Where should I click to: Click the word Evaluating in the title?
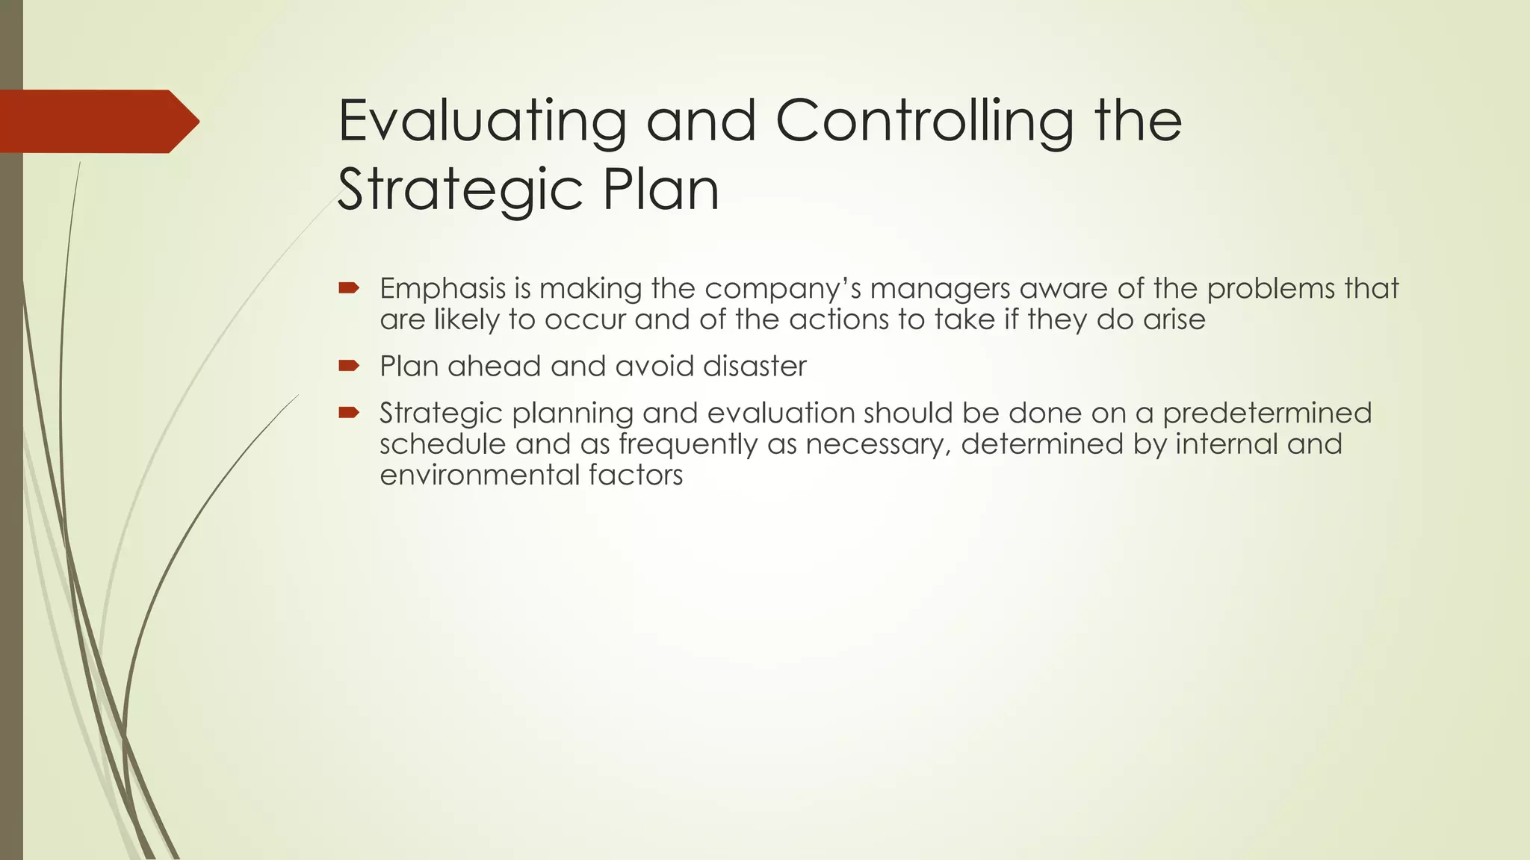(482, 122)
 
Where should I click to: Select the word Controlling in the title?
(923, 122)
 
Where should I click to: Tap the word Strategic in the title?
(459, 190)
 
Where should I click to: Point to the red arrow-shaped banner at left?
(97, 122)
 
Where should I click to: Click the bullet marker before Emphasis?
(349, 288)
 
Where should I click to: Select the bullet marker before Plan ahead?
(349, 366)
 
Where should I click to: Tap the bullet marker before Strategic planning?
(349, 412)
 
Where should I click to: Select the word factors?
(635, 476)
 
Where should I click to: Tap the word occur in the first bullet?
(585, 320)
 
